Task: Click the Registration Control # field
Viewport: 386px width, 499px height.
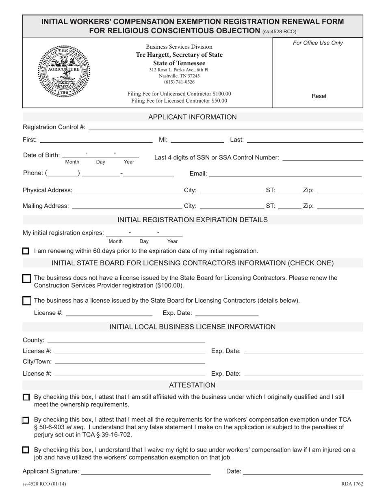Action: click(x=226, y=127)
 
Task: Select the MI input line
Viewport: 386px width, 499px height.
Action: click(x=197, y=140)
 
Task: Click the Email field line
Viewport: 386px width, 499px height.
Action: click(x=285, y=174)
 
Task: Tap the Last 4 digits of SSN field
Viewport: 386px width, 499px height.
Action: click(x=322, y=157)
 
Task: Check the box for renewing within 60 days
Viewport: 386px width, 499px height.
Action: click(x=26, y=251)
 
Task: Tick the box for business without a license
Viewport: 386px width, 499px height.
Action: click(x=26, y=279)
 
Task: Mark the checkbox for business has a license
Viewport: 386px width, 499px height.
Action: click(x=26, y=301)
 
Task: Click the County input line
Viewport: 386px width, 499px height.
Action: click(x=126, y=340)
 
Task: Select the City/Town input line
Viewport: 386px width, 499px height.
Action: click(x=129, y=361)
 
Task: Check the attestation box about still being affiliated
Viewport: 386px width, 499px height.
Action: click(x=26, y=398)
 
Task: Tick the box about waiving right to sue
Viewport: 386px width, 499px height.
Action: click(x=26, y=450)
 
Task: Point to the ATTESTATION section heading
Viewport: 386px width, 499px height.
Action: click(x=192, y=385)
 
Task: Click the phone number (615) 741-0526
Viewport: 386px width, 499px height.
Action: click(x=179, y=82)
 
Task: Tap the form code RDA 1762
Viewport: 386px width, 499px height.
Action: click(x=352, y=484)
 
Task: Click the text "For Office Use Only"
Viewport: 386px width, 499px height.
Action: click(x=318, y=43)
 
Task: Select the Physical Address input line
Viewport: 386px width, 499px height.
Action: click(x=129, y=190)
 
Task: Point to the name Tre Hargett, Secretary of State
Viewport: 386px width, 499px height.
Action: click(x=179, y=55)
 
